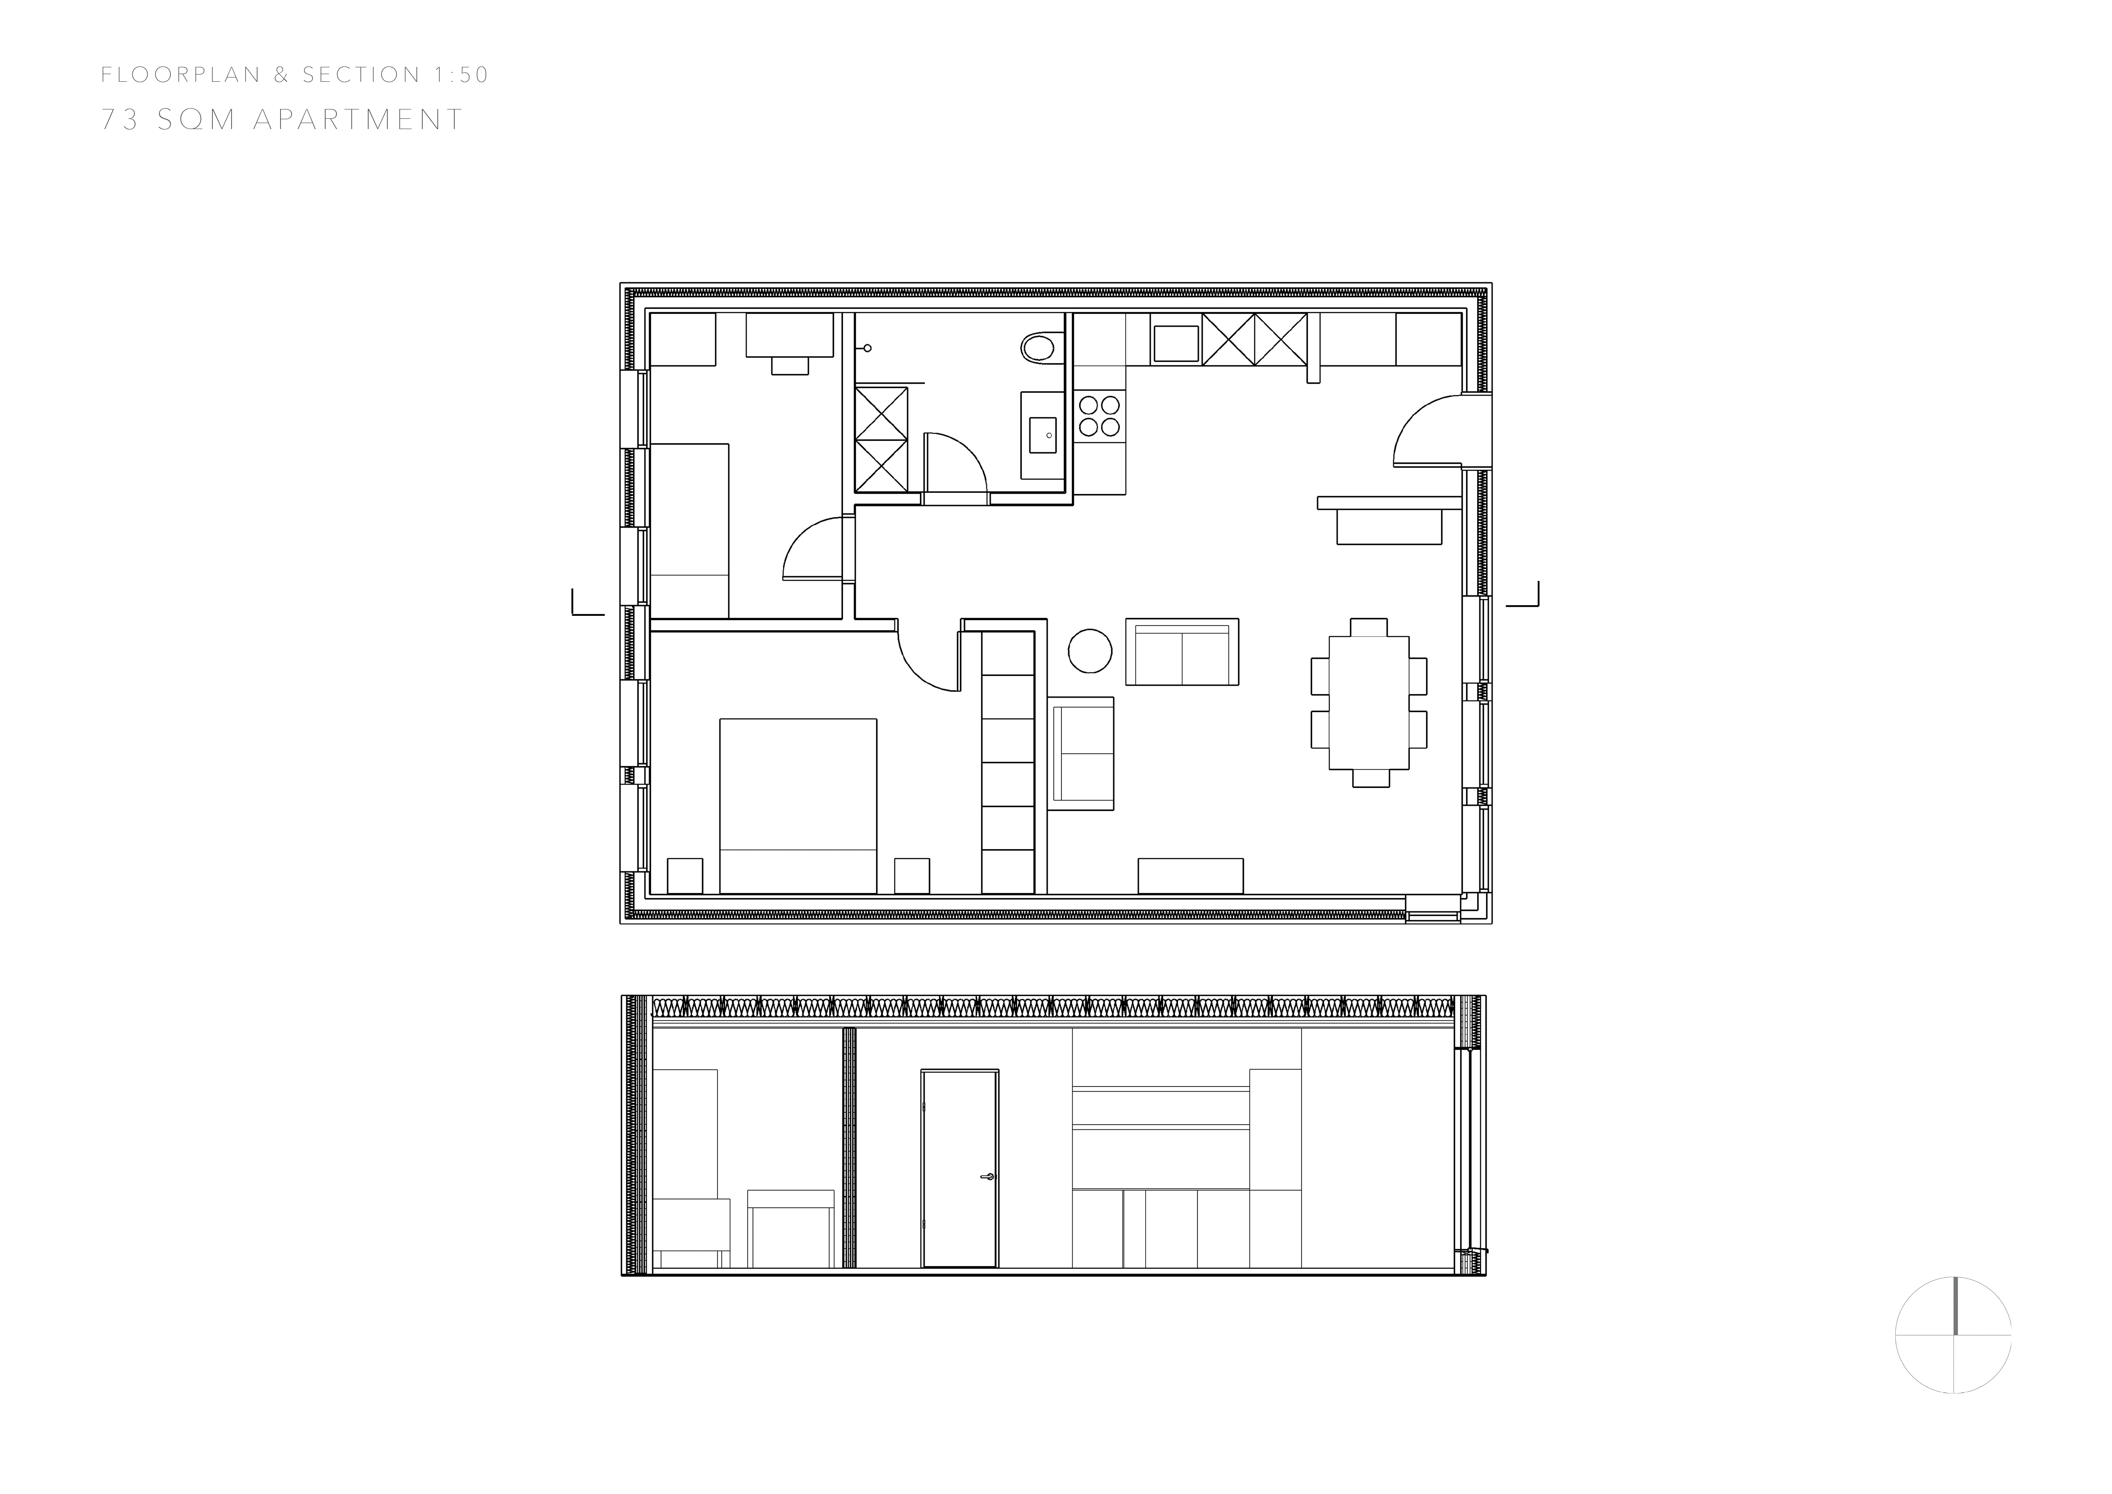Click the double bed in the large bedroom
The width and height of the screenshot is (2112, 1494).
point(797,806)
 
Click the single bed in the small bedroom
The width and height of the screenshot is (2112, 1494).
point(690,531)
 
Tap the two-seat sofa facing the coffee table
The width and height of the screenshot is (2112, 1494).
point(1182,651)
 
